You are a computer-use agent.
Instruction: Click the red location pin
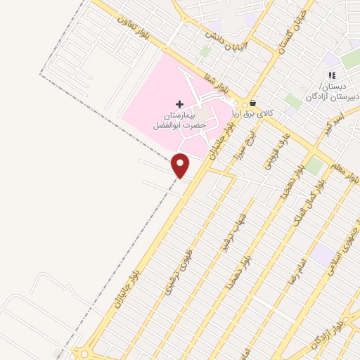(181, 165)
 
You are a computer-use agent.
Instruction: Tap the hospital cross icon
(179, 104)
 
